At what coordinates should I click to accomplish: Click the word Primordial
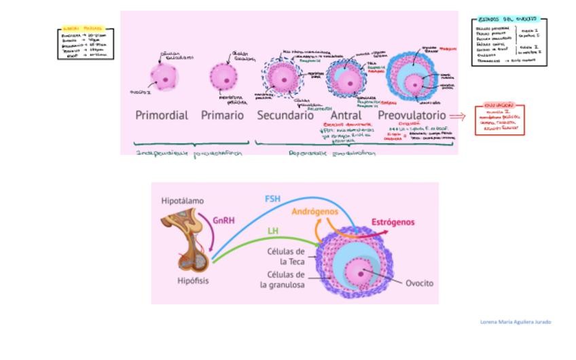point(162,115)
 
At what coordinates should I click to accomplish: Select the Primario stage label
point(222,115)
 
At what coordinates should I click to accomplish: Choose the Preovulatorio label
point(412,115)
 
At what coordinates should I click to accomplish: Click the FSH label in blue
point(272,199)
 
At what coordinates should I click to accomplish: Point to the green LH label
point(272,232)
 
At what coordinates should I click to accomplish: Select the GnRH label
point(224,220)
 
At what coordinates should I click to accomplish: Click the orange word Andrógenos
point(315,212)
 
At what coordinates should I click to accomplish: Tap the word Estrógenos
point(393,222)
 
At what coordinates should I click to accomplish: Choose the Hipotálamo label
point(182,201)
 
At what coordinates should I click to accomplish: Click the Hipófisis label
point(193,281)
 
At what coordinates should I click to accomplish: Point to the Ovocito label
point(419,283)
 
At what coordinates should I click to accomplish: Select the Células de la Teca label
point(285,256)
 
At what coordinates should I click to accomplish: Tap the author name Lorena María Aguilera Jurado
point(515,321)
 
